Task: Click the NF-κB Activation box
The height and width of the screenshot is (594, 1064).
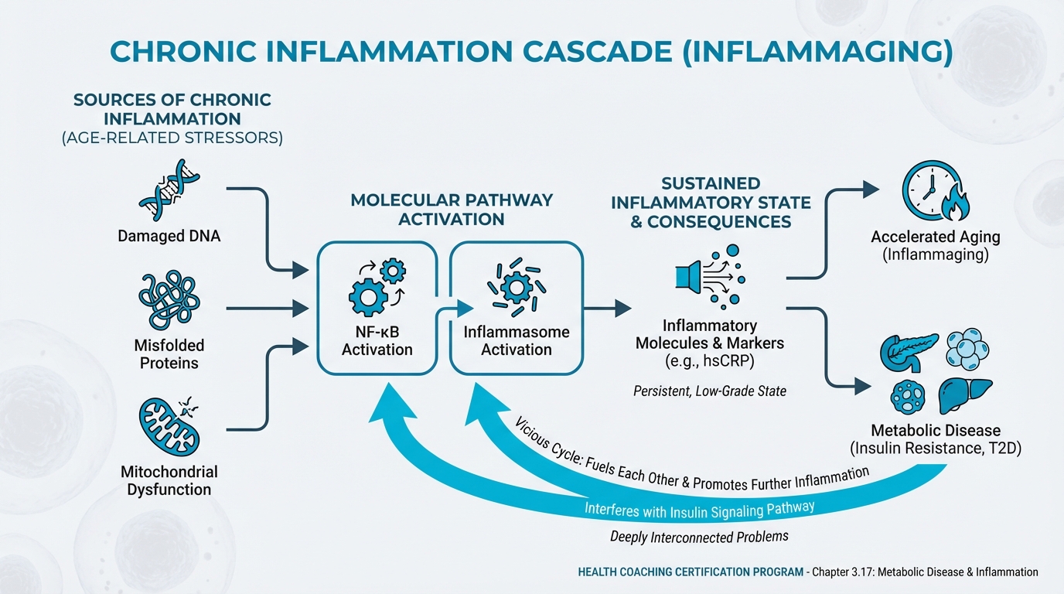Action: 377,308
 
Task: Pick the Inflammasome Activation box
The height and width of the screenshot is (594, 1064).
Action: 516,308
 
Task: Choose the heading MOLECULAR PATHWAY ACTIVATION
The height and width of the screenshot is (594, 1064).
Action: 452,209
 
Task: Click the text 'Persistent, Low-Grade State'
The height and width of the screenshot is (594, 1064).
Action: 709,391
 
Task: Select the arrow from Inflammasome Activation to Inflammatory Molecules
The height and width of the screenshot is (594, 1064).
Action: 607,309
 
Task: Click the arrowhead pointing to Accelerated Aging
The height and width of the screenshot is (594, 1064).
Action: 871,189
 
